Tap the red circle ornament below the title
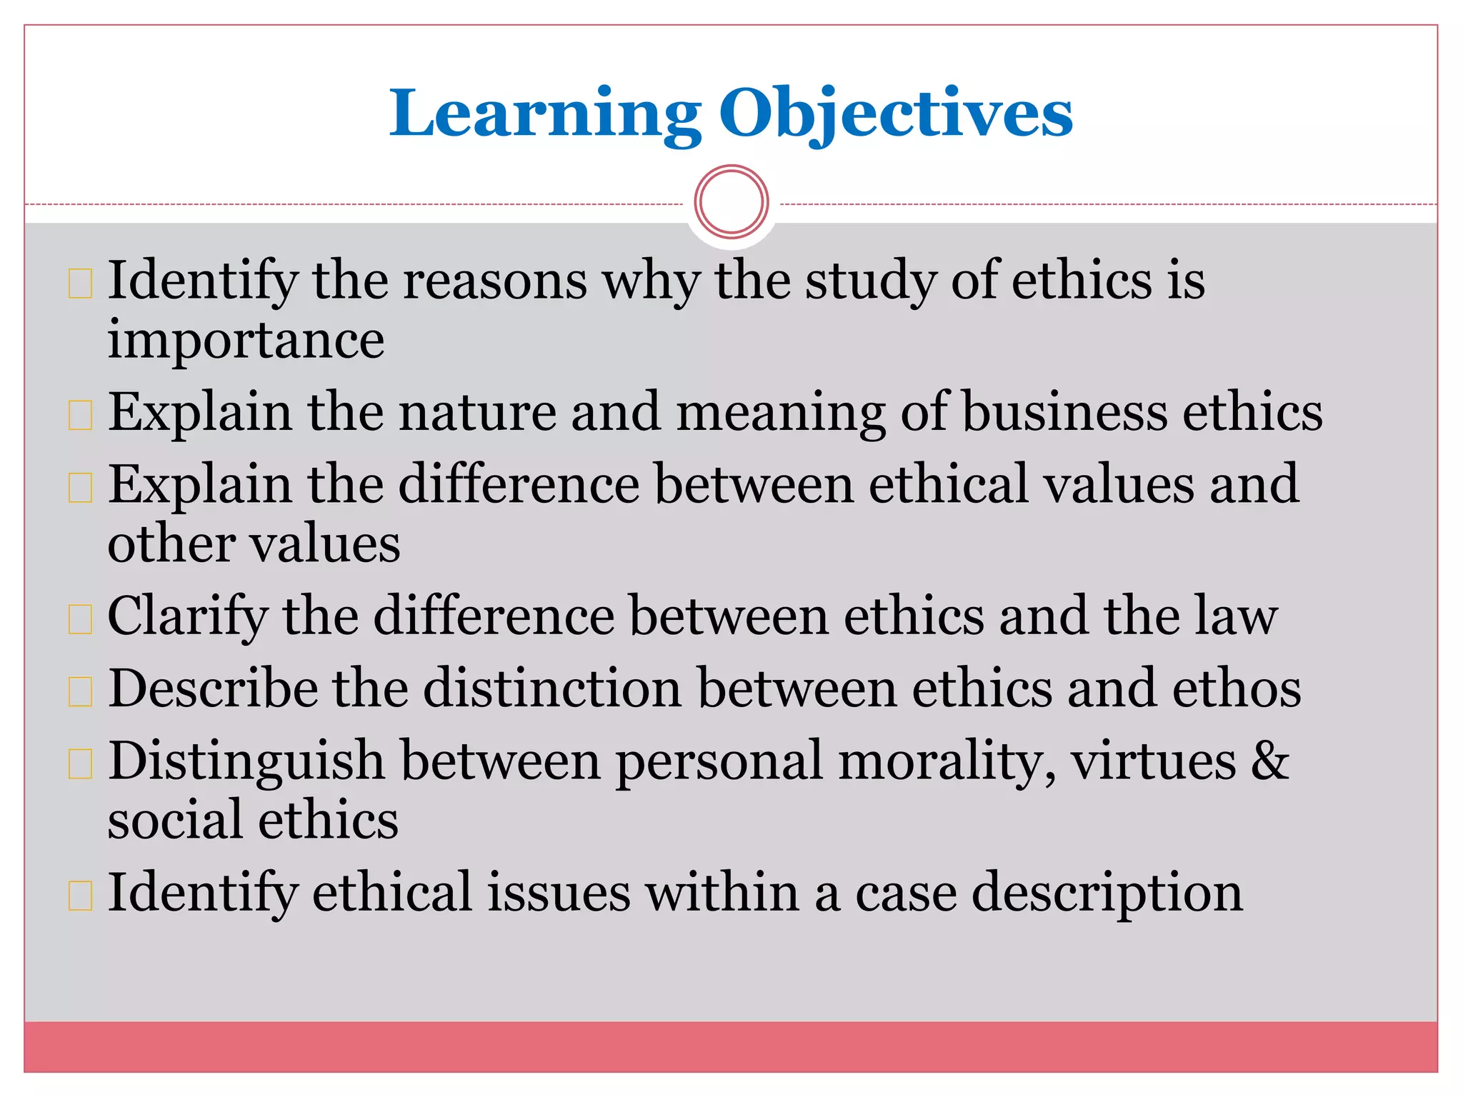tap(731, 202)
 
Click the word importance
tap(246, 340)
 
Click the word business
tap(1064, 413)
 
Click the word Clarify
tap(187, 617)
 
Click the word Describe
tap(213, 689)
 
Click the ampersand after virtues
tap(1270, 761)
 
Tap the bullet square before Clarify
tap(80, 619)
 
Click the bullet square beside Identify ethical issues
tap(80, 896)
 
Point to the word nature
tap(476, 413)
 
